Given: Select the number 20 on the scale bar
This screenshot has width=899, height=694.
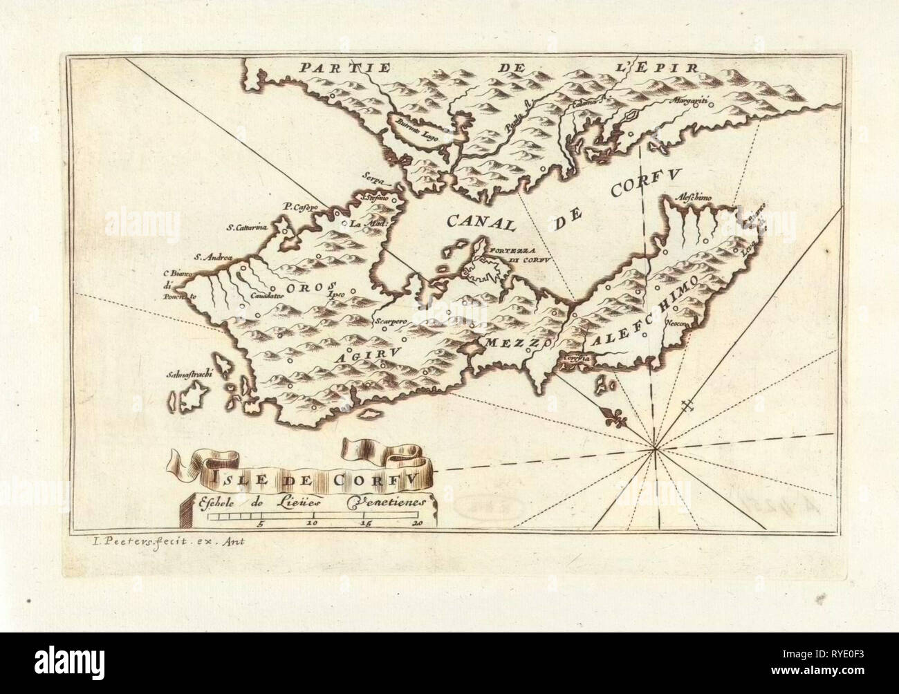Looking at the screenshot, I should point(417,523).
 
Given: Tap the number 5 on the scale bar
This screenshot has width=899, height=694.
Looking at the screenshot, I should point(260,523).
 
